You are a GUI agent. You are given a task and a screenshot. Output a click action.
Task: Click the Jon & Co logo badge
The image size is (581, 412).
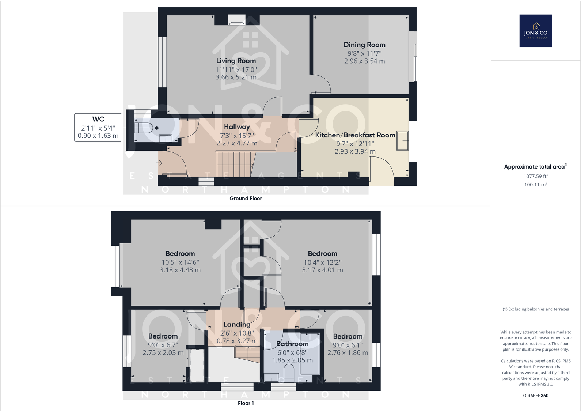(x=536, y=31)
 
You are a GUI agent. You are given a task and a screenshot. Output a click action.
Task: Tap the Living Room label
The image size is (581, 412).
(x=236, y=61)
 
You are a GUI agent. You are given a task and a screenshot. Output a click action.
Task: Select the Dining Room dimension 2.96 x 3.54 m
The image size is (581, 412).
(x=364, y=61)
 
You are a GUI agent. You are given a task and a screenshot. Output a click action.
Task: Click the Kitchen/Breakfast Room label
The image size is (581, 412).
(x=355, y=135)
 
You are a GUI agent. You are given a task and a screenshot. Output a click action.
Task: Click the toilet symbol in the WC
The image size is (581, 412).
(x=144, y=128)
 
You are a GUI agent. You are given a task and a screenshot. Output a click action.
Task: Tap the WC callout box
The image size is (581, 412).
(x=98, y=127)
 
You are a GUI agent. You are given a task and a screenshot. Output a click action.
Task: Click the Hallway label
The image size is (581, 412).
(x=237, y=127)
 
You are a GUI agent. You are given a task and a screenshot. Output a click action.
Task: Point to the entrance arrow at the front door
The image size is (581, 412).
(x=159, y=163)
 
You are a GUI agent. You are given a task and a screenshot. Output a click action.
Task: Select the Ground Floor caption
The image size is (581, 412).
(x=246, y=198)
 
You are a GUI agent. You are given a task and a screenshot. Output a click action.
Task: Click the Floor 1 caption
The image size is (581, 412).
(x=246, y=403)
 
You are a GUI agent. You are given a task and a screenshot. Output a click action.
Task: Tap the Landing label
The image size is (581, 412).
(x=237, y=324)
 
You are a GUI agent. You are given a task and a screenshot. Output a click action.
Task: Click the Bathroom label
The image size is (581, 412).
(x=292, y=344)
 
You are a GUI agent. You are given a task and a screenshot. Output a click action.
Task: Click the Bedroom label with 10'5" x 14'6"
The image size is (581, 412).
(x=180, y=253)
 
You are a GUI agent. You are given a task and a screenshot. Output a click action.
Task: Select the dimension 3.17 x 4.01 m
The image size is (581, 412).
(x=322, y=270)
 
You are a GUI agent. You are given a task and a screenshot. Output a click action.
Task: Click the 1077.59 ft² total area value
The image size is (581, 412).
(x=535, y=176)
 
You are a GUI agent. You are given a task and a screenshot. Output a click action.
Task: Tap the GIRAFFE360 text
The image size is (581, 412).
(x=535, y=396)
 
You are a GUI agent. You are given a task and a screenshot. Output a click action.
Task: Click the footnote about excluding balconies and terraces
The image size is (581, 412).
(x=535, y=309)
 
